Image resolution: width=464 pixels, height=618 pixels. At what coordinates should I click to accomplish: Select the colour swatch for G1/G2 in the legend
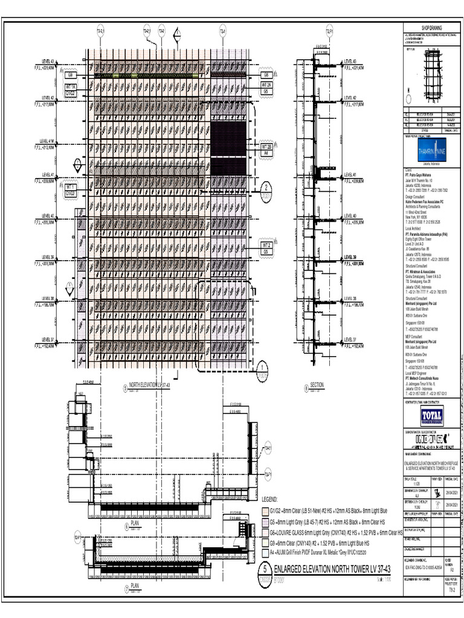click(265, 509)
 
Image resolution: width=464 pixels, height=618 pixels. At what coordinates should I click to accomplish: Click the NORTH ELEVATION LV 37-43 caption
click(150, 384)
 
